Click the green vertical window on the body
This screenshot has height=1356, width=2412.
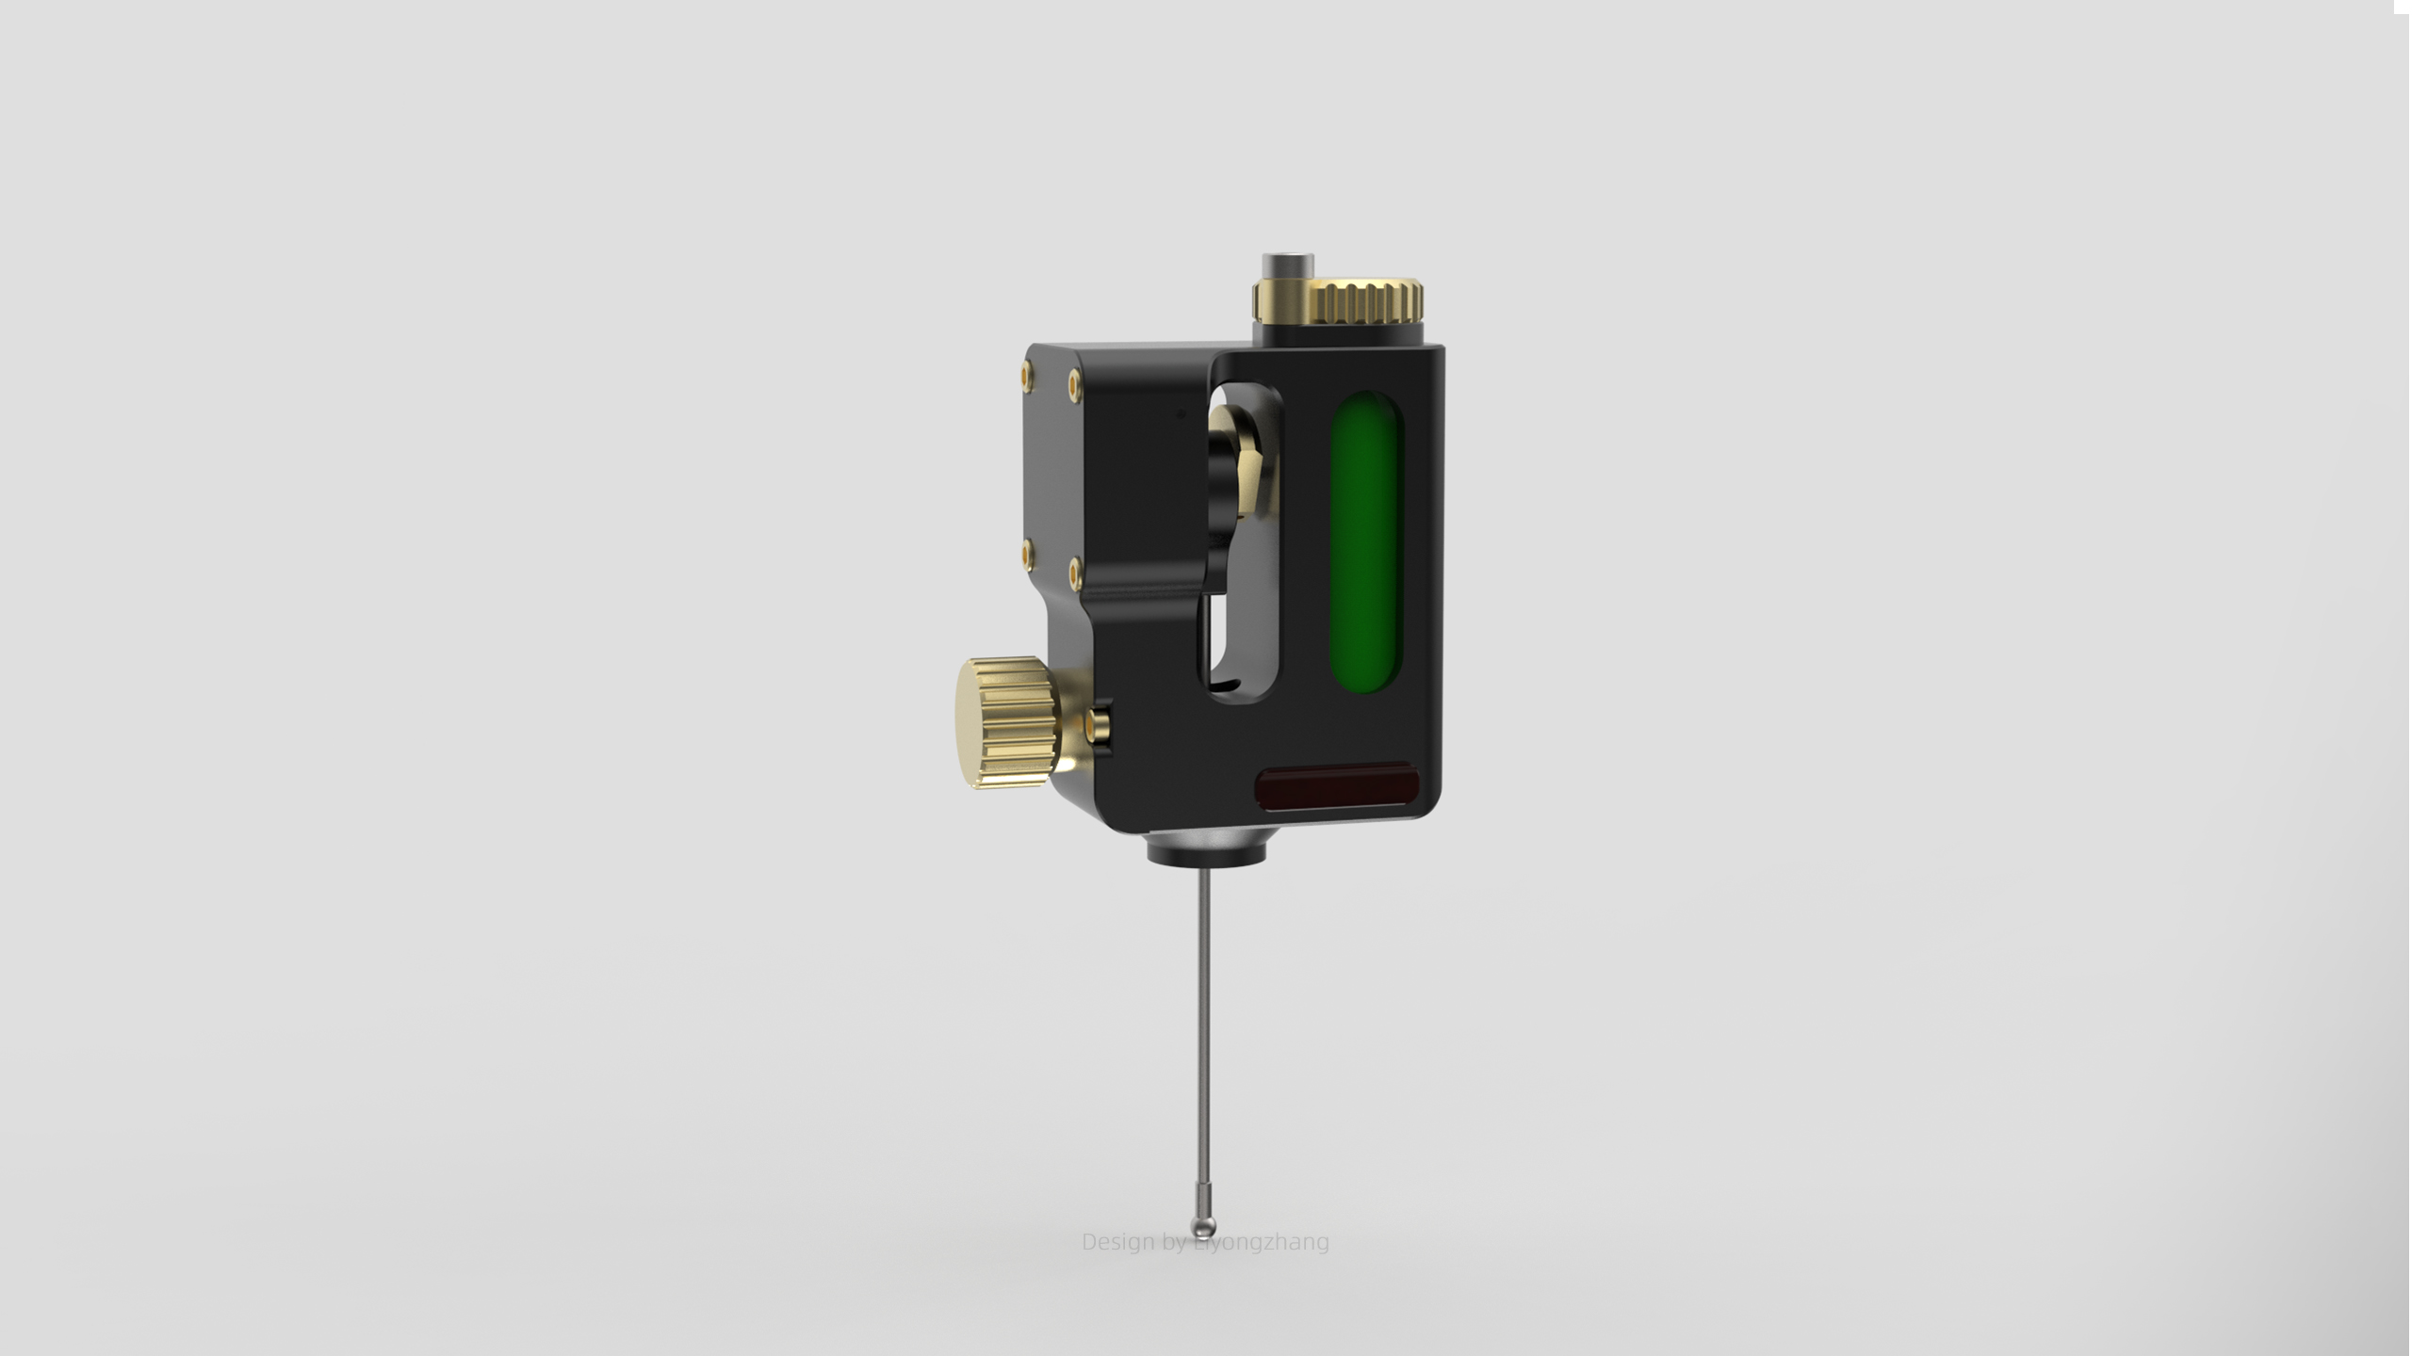tap(1365, 542)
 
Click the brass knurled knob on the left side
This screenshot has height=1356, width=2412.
tap(1002, 722)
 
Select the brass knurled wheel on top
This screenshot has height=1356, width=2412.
tap(1366, 299)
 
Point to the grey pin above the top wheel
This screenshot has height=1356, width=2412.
tap(1287, 264)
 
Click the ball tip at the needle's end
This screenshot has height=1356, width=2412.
tap(1203, 1226)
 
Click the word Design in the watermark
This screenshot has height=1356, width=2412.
tap(1117, 1242)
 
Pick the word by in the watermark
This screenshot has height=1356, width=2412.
tap(1175, 1243)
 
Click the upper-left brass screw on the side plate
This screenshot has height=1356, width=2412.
tap(1026, 376)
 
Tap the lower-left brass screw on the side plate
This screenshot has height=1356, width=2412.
tap(1027, 554)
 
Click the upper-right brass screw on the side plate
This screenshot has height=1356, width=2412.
tap(1075, 383)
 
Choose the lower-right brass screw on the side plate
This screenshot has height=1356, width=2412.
tap(1075, 571)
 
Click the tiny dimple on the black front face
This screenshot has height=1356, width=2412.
tap(1182, 412)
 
